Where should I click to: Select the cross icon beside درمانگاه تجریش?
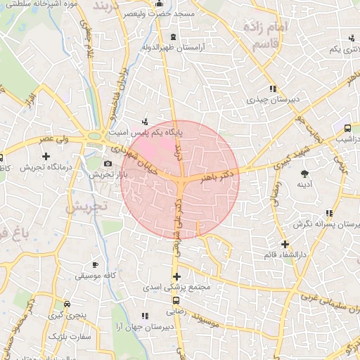46,155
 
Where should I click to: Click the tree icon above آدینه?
304,174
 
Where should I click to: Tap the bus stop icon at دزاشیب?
347,129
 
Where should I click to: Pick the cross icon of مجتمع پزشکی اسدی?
176,276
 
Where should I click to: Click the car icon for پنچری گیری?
66,304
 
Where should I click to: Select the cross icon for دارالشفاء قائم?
285,243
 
